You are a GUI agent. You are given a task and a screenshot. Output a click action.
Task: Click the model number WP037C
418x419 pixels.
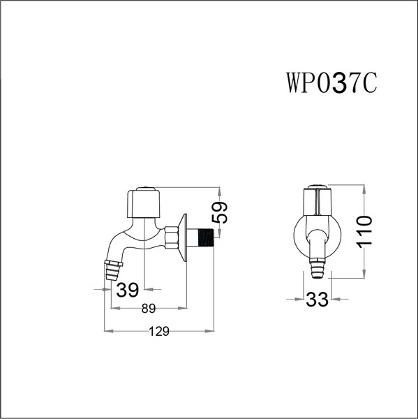pyautogui.click(x=331, y=82)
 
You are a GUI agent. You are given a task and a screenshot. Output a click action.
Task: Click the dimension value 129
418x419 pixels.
pyautogui.click(x=160, y=333)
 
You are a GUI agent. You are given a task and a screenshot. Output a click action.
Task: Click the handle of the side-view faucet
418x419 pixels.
pyautogui.click(x=144, y=202)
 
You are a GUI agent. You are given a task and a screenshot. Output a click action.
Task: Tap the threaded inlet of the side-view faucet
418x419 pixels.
pyautogui.click(x=203, y=238)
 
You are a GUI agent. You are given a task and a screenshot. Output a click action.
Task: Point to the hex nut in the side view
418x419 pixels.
pyautogui.click(x=172, y=237)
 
